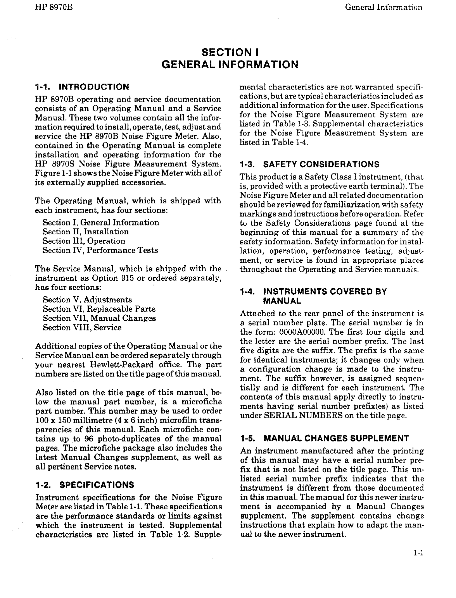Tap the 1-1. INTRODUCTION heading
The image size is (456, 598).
[82, 87]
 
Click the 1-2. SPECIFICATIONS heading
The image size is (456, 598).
[85, 485]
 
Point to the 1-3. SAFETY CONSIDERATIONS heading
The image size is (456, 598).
[309, 164]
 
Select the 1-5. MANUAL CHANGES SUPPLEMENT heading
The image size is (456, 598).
[325, 438]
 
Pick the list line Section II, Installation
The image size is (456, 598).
[85, 232]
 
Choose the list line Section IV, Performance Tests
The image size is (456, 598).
[100, 251]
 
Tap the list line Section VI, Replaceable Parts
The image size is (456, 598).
[99, 309]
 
